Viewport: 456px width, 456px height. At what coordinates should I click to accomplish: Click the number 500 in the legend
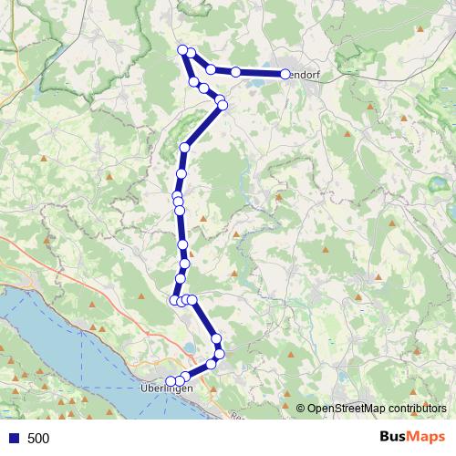[38, 439]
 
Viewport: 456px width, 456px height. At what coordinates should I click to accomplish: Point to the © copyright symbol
[300, 409]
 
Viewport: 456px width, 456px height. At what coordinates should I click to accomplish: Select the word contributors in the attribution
[415, 409]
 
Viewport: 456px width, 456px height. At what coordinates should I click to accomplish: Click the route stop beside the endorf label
[285, 74]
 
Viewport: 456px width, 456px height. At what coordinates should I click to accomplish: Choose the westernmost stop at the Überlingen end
[171, 381]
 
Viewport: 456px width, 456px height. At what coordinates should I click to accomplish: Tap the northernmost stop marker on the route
[183, 49]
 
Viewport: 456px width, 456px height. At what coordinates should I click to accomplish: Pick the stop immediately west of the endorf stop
[235, 71]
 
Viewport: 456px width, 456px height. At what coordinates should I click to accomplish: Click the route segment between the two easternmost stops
[260, 73]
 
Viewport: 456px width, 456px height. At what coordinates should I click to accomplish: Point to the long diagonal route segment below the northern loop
[202, 127]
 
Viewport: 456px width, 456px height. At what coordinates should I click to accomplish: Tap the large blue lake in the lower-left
[55, 337]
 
